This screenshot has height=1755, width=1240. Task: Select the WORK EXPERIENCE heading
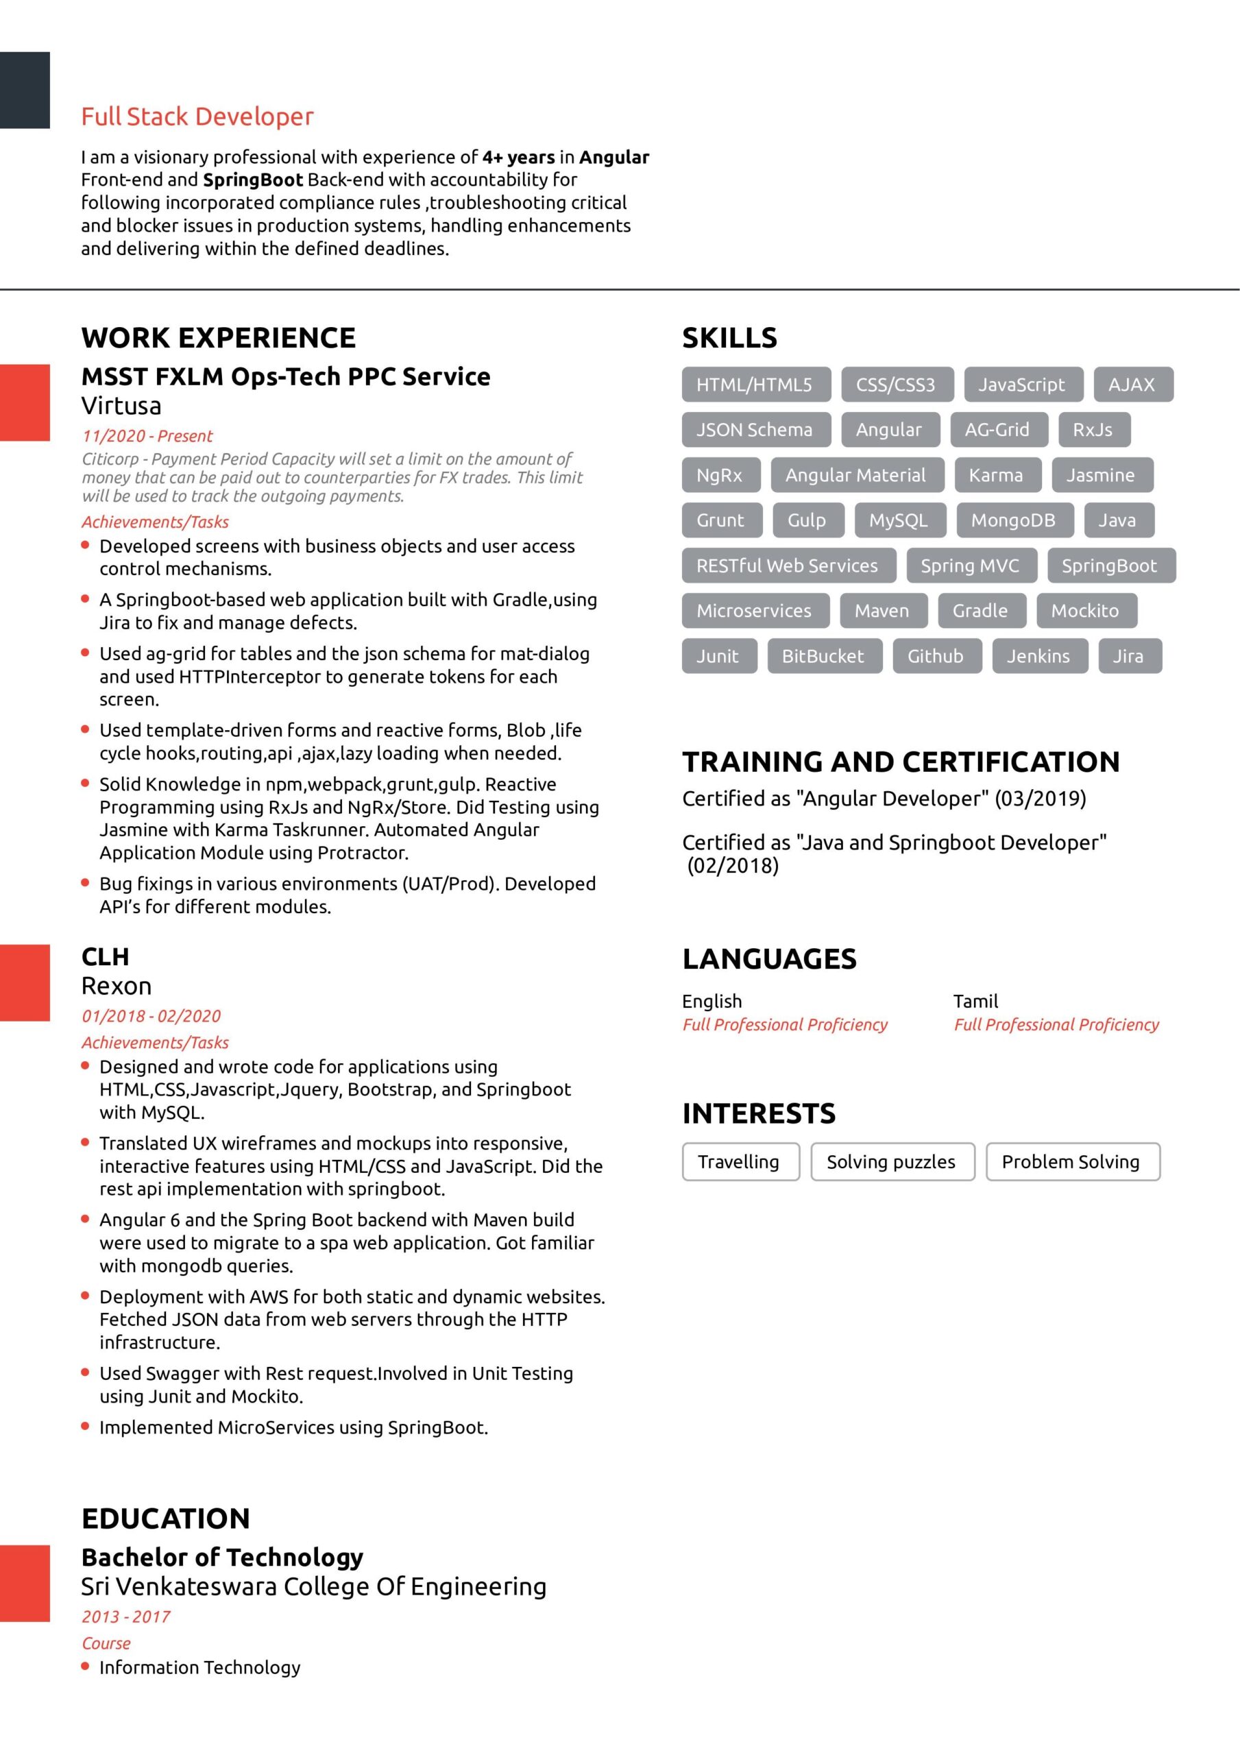[x=218, y=337]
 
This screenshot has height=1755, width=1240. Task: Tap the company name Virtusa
[x=121, y=405]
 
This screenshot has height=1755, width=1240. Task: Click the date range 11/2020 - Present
[x=147, y=436]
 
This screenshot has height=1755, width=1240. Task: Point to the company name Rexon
[x=117, y=985]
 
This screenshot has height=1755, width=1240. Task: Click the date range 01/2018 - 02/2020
[x=151, y=1016]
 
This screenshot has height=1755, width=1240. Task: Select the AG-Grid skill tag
[x=996, y=430]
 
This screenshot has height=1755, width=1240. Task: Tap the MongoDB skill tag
[x=1012, y=520]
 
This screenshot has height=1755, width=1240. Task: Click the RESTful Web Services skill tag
[x=787, y=566]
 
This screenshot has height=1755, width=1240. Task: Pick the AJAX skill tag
[x=1132, y=385]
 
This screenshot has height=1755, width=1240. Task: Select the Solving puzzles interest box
[x=890, y=1162]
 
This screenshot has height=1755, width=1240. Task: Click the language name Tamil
[x=975, y=1001]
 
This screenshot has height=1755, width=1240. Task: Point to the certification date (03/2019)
[x=1040, y=798]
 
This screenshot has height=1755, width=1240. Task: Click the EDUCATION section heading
[x=165, y=1518]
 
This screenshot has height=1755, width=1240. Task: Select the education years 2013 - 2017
[x=125, y=1617]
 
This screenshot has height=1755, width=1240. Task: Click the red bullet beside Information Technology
[x=85, y=1667]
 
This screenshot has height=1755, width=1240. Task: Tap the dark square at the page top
[x=25, y=90]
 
